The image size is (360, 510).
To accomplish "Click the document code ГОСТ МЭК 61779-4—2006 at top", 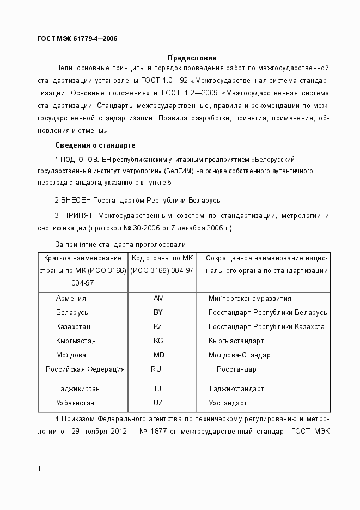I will tap(77, 38).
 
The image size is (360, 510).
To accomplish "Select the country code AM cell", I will tap(158, 299).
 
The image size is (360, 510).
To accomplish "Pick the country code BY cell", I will tap(158, 313).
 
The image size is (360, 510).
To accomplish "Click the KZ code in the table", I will tap(158, 327).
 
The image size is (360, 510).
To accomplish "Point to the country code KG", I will tap(158, 341).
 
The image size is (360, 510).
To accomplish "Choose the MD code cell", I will tap(158, 355).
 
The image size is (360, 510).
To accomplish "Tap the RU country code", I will tap(156, 369).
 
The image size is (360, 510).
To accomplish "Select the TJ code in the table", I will tap(157, 389).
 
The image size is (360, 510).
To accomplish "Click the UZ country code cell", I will tap(158, 403).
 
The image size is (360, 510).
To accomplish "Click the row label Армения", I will tap(71, 299).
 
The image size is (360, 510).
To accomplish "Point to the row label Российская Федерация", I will tap(85, 369).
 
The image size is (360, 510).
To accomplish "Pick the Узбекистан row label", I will tap(75, 403).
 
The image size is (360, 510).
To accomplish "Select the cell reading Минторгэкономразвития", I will tap(250, 299).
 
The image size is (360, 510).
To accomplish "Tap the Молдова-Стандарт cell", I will tap(241, 355).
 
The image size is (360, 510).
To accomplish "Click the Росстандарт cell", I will tap(238, 369).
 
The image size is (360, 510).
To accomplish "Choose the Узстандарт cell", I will tap(228, 403).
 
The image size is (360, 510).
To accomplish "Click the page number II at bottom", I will tap(38, 469).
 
